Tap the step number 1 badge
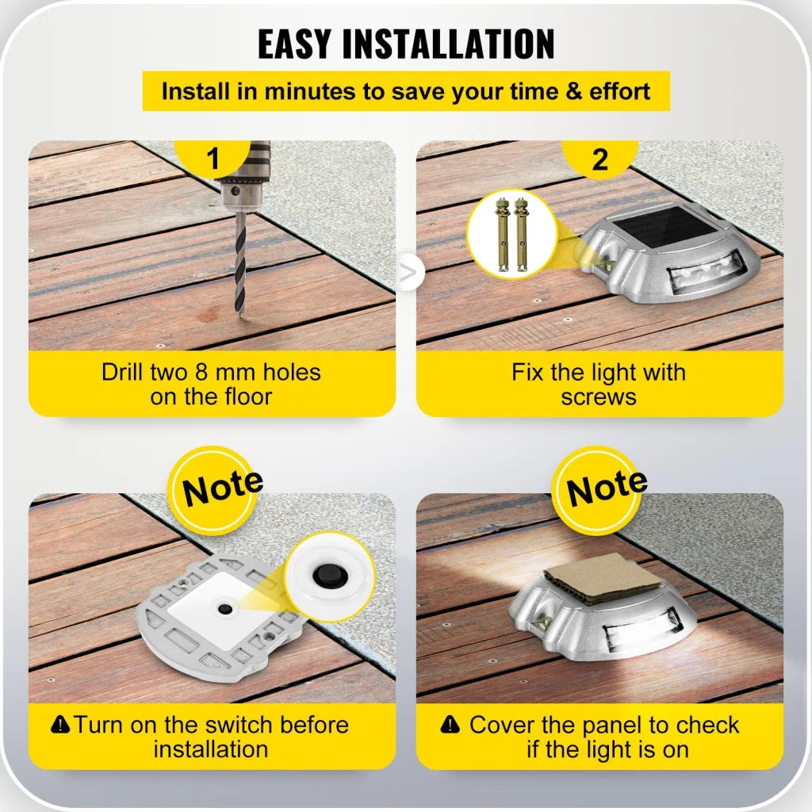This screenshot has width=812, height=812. pos(212,159)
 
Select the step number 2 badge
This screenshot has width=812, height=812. pos(600,159)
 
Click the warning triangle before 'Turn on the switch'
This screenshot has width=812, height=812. pos(60,724)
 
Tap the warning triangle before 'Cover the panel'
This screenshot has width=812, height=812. pos(450,724)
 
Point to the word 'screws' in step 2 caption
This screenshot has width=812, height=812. pos(599,396)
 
